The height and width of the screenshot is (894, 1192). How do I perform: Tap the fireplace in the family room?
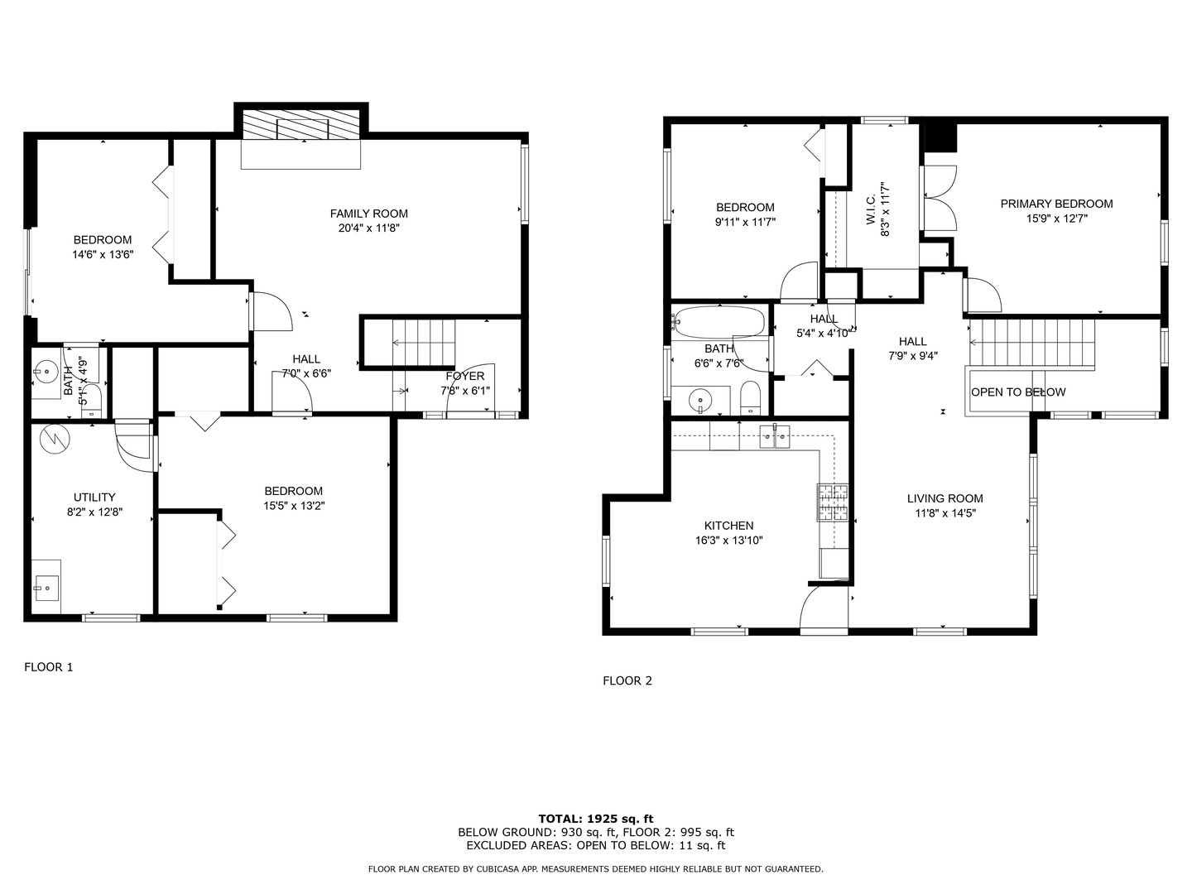click(302, 128)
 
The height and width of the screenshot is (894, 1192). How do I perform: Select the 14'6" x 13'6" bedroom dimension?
click(103, 255)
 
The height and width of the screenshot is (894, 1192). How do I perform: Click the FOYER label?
click(464, 377)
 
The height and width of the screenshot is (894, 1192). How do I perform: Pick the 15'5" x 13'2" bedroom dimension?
click(294, 506)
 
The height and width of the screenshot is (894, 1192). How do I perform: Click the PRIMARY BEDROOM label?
click(1056, 204)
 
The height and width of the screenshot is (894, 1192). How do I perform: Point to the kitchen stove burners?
click(833, 502)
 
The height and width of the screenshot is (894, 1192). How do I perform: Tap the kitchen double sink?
click(776, 435)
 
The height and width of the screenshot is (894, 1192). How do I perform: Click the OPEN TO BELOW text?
click(1018, 392)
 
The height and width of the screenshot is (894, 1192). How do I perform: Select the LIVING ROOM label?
click(944, 498)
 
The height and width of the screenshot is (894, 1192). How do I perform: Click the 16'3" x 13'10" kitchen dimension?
click(728, 541)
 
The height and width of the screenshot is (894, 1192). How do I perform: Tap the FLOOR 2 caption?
click(627, 681)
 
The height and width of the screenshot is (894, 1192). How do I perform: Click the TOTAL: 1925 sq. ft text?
click(596, 819)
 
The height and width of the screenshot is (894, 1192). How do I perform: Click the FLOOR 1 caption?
click(48, 667)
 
